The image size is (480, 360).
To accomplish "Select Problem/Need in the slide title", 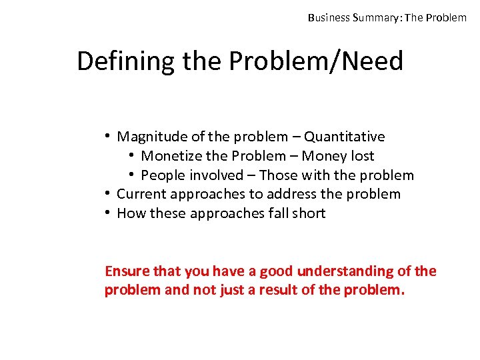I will [316, 62].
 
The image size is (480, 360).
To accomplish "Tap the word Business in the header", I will [329, 17].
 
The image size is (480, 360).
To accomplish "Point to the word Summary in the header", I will [377, 17].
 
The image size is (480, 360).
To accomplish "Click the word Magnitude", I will [151, 137].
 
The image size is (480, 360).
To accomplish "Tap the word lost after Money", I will [362, 156].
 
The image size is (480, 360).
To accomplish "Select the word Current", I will [141, 194].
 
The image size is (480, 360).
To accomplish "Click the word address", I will [297, 194].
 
